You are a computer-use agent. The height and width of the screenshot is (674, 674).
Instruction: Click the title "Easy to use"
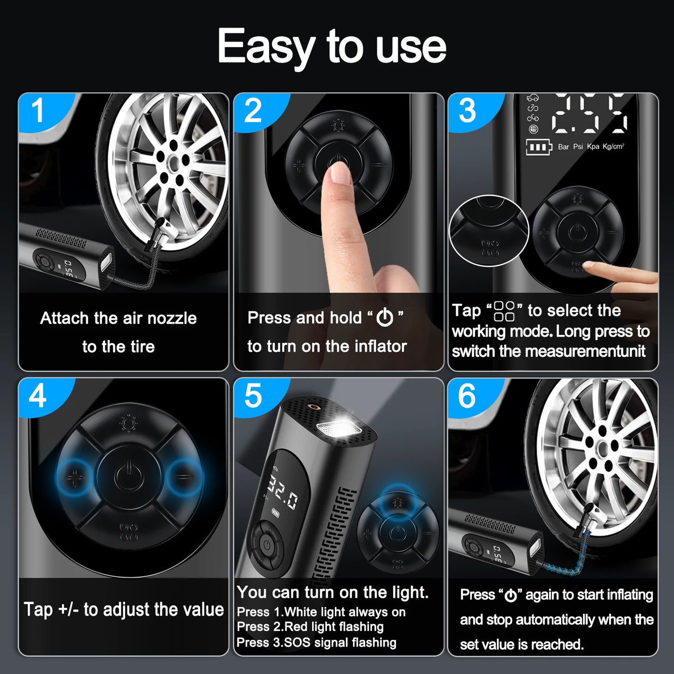332,46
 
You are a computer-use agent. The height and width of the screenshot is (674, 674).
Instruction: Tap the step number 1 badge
37,111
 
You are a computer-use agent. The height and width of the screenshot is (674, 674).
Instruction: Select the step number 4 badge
37,396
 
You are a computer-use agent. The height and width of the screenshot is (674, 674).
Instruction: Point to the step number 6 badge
467,396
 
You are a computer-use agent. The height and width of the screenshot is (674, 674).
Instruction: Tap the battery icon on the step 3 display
538,147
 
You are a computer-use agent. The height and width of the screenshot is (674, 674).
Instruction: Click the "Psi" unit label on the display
578,146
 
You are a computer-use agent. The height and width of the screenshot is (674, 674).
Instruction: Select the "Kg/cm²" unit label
613,146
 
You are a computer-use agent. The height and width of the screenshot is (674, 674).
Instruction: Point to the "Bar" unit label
563,146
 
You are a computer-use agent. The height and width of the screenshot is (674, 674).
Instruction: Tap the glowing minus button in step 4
185,477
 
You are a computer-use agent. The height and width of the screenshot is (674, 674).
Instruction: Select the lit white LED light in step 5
335,426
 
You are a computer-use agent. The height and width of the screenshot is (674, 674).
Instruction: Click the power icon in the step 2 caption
385,318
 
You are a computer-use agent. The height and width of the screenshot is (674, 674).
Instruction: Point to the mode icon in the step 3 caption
504,311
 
